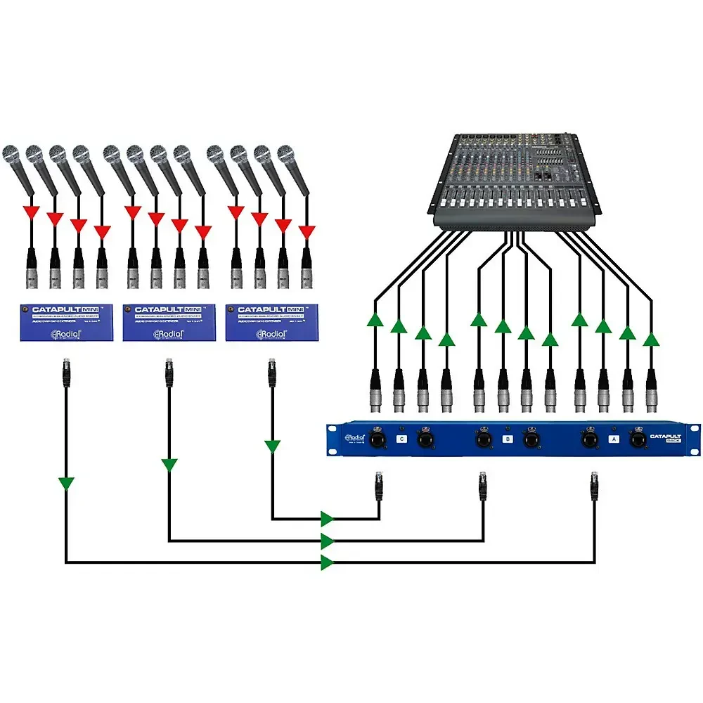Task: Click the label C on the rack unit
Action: [x=402, y=439]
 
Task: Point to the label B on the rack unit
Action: [x=508, y=439]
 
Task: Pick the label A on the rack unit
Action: [x=614, y=439]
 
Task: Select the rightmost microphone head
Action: [x=285, y=153]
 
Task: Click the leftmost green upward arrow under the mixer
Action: [x=375, y=321]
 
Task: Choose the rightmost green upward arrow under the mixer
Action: [x=651, y=340]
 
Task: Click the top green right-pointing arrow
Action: [x=327, y=520]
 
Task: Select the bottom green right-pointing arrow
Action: [x=327, y=562]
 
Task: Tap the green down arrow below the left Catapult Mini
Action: [x=66, y=483]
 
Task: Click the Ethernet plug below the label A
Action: [x=595, y=484]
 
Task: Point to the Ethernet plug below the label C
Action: [x=379, y=484]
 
